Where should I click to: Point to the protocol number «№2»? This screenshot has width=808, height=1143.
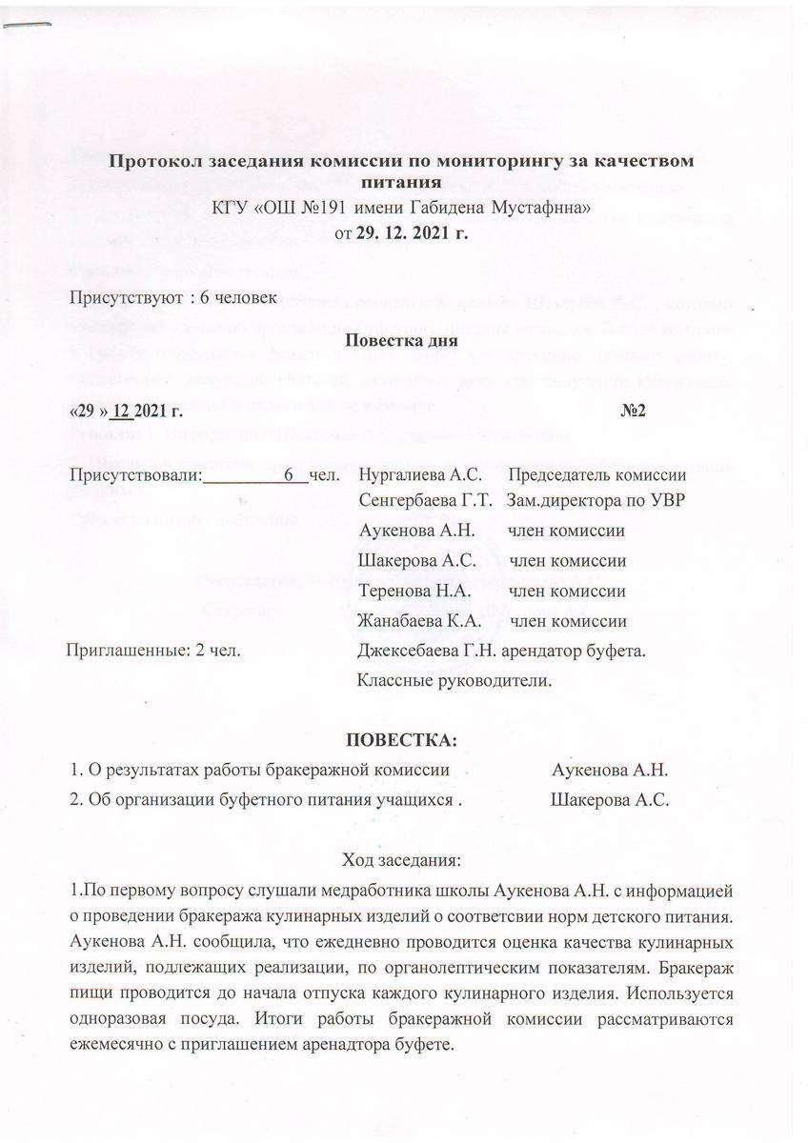tap(634, 412)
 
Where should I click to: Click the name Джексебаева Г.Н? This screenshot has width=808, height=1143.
tap(425, 652)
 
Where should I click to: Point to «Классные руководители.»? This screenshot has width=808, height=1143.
tap(454, 681)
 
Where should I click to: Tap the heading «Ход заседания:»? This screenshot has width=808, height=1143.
tap(401, 863)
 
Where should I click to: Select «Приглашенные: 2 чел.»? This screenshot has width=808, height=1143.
tap(151, 652)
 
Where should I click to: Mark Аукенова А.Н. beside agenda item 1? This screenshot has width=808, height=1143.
tap(612, 769)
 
